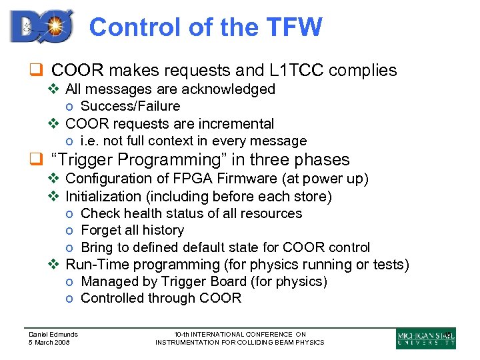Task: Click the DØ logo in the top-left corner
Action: (x=41, y=27)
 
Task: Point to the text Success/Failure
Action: (x=130, y=107)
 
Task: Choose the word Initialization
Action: (x=103, y=197)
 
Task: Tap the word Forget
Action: (x=103, y=231)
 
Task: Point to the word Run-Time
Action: (x=97, y=265)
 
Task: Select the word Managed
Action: (x=107, y=282)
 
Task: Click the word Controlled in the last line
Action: (x=112, y=299)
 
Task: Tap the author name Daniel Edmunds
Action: (x=53, y=335)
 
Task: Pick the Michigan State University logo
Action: (x=425, y=338)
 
